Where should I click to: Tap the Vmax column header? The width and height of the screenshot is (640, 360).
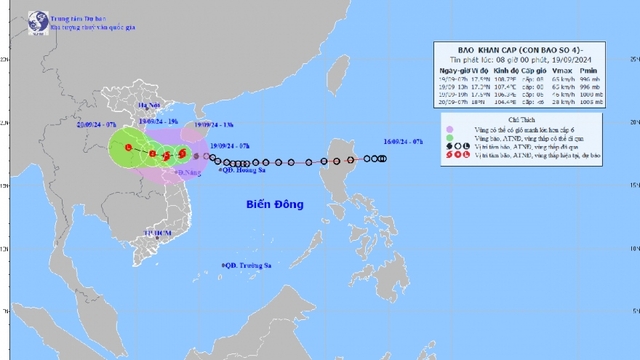tap(561, 69)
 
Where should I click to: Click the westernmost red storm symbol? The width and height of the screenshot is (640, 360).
tap(129, 148)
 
